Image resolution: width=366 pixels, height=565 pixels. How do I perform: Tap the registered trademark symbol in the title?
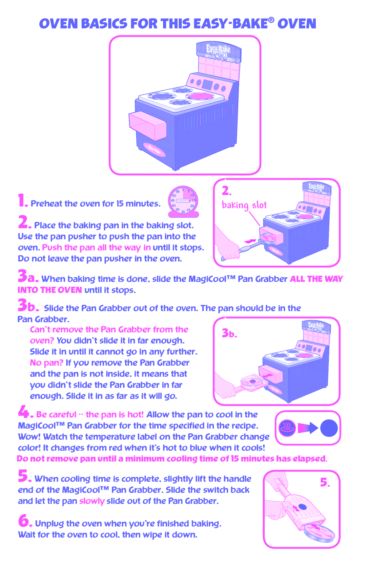(271, 20)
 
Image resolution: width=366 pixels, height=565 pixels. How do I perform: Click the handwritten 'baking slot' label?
(244, 205)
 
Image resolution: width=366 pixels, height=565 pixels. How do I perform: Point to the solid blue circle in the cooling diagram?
(329, 428)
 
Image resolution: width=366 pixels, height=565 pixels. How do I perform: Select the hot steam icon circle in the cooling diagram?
(287, 428)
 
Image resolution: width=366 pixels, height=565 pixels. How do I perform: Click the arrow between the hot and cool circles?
(308, 428)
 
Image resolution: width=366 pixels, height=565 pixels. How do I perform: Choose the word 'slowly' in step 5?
(92, 501)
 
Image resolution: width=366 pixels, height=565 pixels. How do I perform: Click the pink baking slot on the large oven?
(148, 125)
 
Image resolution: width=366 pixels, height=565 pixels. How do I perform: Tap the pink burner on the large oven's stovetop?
(201, 96)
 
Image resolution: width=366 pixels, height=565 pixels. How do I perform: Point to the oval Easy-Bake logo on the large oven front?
(154, 150)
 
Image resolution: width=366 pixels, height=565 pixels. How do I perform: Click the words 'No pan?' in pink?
(46, 363)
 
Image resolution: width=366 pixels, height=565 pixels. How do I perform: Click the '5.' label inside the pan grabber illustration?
(325, 483)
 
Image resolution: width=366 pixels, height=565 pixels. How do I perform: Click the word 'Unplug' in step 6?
(49, 524)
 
